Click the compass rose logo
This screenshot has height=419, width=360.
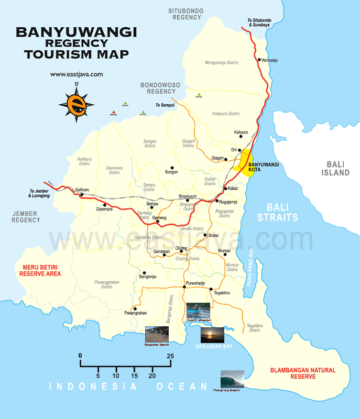pos(77,103)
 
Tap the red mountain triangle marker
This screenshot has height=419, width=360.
pos(113,112)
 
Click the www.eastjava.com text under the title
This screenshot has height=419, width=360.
pos(77,74)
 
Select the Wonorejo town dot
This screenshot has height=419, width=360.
pos(259,60)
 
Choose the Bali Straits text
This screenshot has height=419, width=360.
pos(282,212)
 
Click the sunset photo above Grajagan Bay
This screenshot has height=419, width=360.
pos(212,335)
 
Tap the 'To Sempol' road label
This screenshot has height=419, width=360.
pos(165,105)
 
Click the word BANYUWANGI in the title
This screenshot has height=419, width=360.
pos(76,32)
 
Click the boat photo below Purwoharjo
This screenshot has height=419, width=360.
pos(199,312)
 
